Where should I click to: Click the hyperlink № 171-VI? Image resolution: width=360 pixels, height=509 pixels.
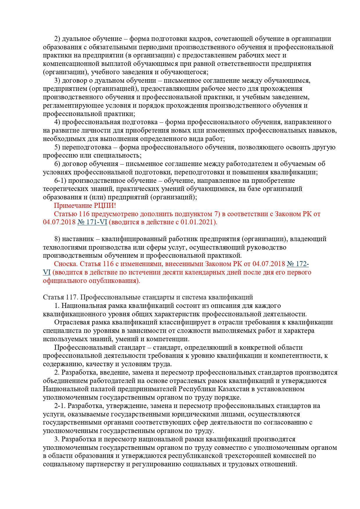click(92, 222)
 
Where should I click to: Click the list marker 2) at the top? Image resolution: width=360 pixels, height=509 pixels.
click(57, 39)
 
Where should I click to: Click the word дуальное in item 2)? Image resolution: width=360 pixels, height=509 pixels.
click(75, 39)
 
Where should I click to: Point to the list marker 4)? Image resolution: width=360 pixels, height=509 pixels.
click(57, 122)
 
